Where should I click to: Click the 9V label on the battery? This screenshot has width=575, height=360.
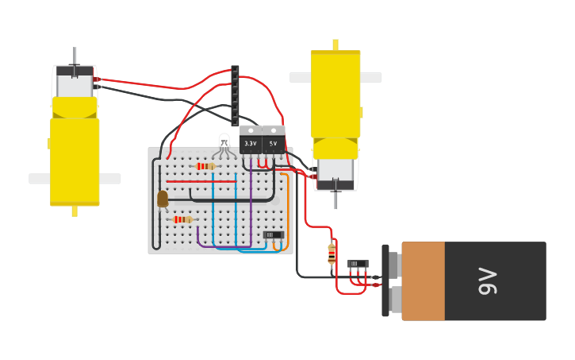(487, 281)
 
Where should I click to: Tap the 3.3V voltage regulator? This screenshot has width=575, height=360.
(251, 141)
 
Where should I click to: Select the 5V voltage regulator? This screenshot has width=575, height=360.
(274, 141)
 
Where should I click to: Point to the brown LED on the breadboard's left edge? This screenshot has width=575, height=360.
(163, 199)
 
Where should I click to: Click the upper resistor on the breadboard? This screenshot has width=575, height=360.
(205, 166)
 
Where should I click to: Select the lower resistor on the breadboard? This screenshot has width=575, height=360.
(182, 219)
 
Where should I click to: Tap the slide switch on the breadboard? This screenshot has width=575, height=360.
(273, 234)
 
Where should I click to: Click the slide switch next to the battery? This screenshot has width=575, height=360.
(358, 264)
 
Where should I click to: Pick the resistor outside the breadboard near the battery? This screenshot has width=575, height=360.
(332, 254)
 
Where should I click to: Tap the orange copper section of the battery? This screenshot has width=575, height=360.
(423, 281)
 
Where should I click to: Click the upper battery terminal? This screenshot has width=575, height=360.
(394, 265)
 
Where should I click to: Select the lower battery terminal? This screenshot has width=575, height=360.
(394, 300)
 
